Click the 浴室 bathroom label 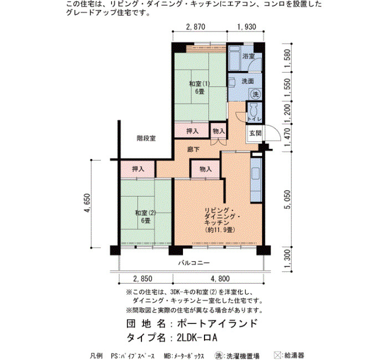[248, 56]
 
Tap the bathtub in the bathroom [234, 58]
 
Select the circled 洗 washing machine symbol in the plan [255, 94]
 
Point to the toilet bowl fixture [253, 110]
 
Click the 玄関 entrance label [255, 133]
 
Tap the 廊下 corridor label [193, 150]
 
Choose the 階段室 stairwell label [146, 138]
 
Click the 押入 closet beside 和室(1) [192, 131]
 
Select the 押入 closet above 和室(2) [138, 169]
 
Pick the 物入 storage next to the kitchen [206, 169]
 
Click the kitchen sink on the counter [256, 174]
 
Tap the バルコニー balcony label [194, 263]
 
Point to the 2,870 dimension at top [196, 27]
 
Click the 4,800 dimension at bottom [220, 279]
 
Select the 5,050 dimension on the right [287, 199]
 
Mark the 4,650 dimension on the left [87, 203]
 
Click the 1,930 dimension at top [247, 27]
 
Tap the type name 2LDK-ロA [197, 337]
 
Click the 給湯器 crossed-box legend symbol [278, 356]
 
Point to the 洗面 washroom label [248, 81]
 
